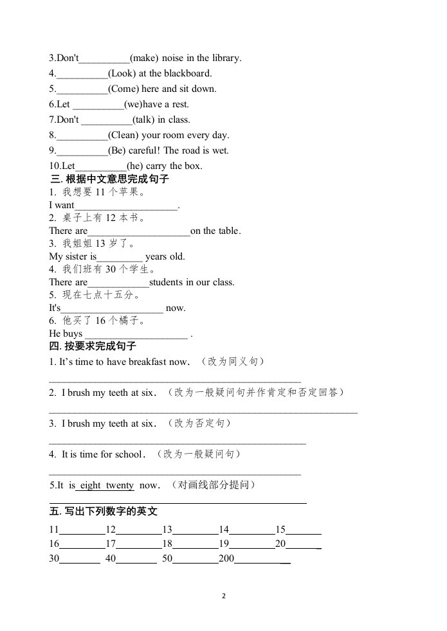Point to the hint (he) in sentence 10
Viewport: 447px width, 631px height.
(x=134, y=166)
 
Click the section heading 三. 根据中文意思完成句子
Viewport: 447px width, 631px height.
(x=109, y=179)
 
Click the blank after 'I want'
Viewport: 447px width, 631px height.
(x=126, y=206)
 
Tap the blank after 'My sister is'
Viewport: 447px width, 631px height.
(x=120, y=257)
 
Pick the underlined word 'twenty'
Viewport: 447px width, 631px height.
(x=120, y=486)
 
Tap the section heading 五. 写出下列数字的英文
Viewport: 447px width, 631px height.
(x=103, y=511)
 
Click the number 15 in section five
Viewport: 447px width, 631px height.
(x=280, y=530)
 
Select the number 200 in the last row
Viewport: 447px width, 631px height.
(x=226, y=558)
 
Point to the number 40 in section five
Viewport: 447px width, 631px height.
(x=111, y=558)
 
